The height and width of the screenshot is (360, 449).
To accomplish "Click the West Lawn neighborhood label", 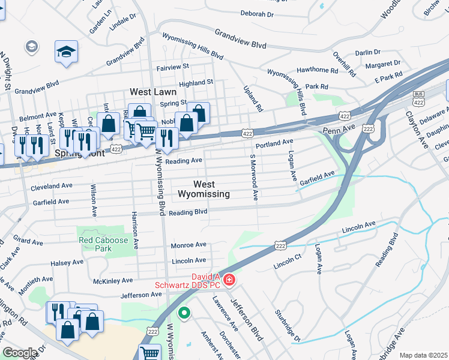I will [x=154, y=92].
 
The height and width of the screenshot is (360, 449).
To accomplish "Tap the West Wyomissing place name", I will [x=203, y=189].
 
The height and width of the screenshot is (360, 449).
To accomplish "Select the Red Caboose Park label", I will [x=104, y=244].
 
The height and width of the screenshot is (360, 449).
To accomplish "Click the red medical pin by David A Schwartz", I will [x=229, y=280].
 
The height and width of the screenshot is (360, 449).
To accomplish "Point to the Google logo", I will [x=20, y=353].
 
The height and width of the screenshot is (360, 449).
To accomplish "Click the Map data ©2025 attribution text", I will [x=423, y=355].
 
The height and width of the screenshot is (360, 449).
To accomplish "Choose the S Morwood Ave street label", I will [x=255, y=176].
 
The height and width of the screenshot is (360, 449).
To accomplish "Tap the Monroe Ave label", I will [x=188, y=245].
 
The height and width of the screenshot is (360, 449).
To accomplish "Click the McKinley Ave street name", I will [x=113, y=281].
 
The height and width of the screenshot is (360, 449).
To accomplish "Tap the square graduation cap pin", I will [x=66, y=51].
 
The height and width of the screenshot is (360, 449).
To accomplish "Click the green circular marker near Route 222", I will [x=185, y=313].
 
